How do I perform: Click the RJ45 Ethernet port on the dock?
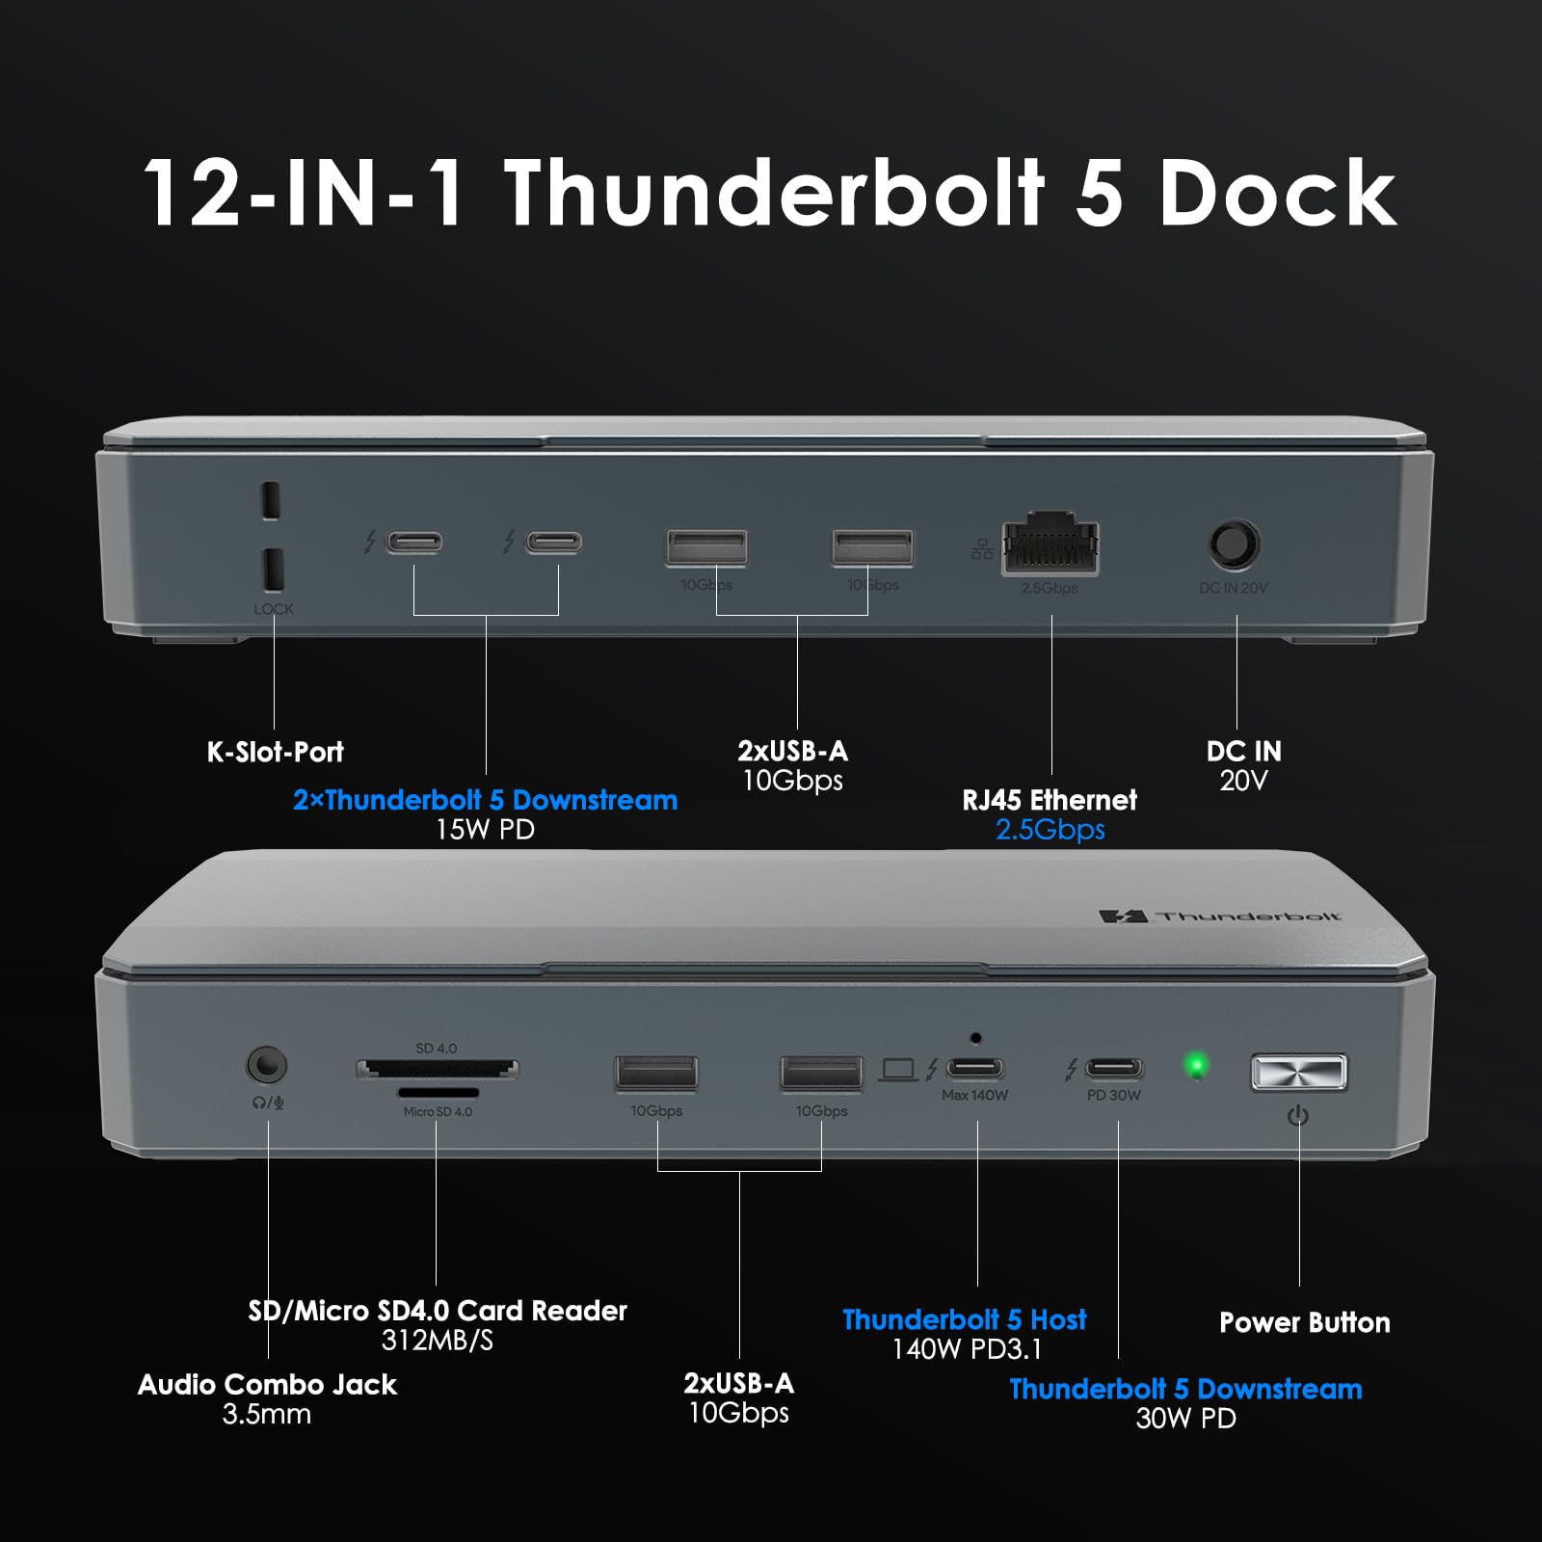(1050, 546)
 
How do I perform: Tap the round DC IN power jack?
(1234, 545)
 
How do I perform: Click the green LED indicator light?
(1197, 1066)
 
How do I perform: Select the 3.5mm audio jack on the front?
(267, 1066)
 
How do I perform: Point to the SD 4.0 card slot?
(438, 1068)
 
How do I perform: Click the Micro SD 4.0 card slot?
(439, 1093)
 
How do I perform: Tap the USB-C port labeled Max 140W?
(975, 1068)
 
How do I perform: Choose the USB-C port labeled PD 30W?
(1114, 1068)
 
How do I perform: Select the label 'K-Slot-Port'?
(275, 752)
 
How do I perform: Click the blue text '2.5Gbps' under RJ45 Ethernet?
(1050, 830)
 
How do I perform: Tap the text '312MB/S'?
(437, 1341)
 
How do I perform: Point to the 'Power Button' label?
(1304, 1322)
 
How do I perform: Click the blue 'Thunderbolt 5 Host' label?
(964, 1319)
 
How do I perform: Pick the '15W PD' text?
(485, 830)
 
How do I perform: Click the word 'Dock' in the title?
(1277, 193)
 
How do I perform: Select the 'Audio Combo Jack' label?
(267, 1385)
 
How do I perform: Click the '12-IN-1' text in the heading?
(304, 193)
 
